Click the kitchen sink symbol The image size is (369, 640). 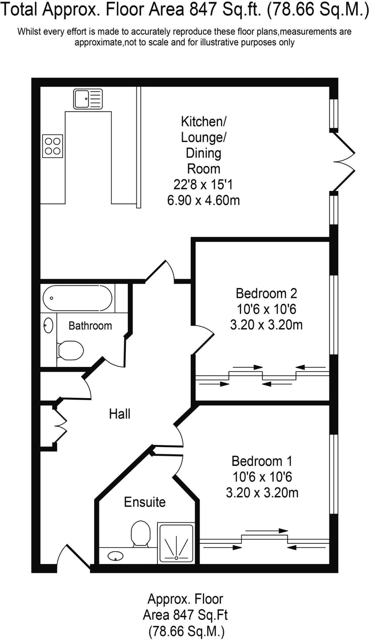88,99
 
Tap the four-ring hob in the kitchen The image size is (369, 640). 53,146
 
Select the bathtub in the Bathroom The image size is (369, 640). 77,298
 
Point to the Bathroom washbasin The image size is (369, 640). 48,325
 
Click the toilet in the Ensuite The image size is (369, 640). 140,534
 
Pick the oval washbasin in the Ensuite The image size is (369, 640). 115,556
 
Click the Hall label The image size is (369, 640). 119,414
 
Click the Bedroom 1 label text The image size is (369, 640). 262,461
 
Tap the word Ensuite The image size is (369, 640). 145,502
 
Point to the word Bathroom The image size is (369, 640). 90,326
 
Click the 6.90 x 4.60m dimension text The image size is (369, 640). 204,200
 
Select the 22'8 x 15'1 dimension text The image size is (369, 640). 203,184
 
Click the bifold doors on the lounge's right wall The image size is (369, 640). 343,162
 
